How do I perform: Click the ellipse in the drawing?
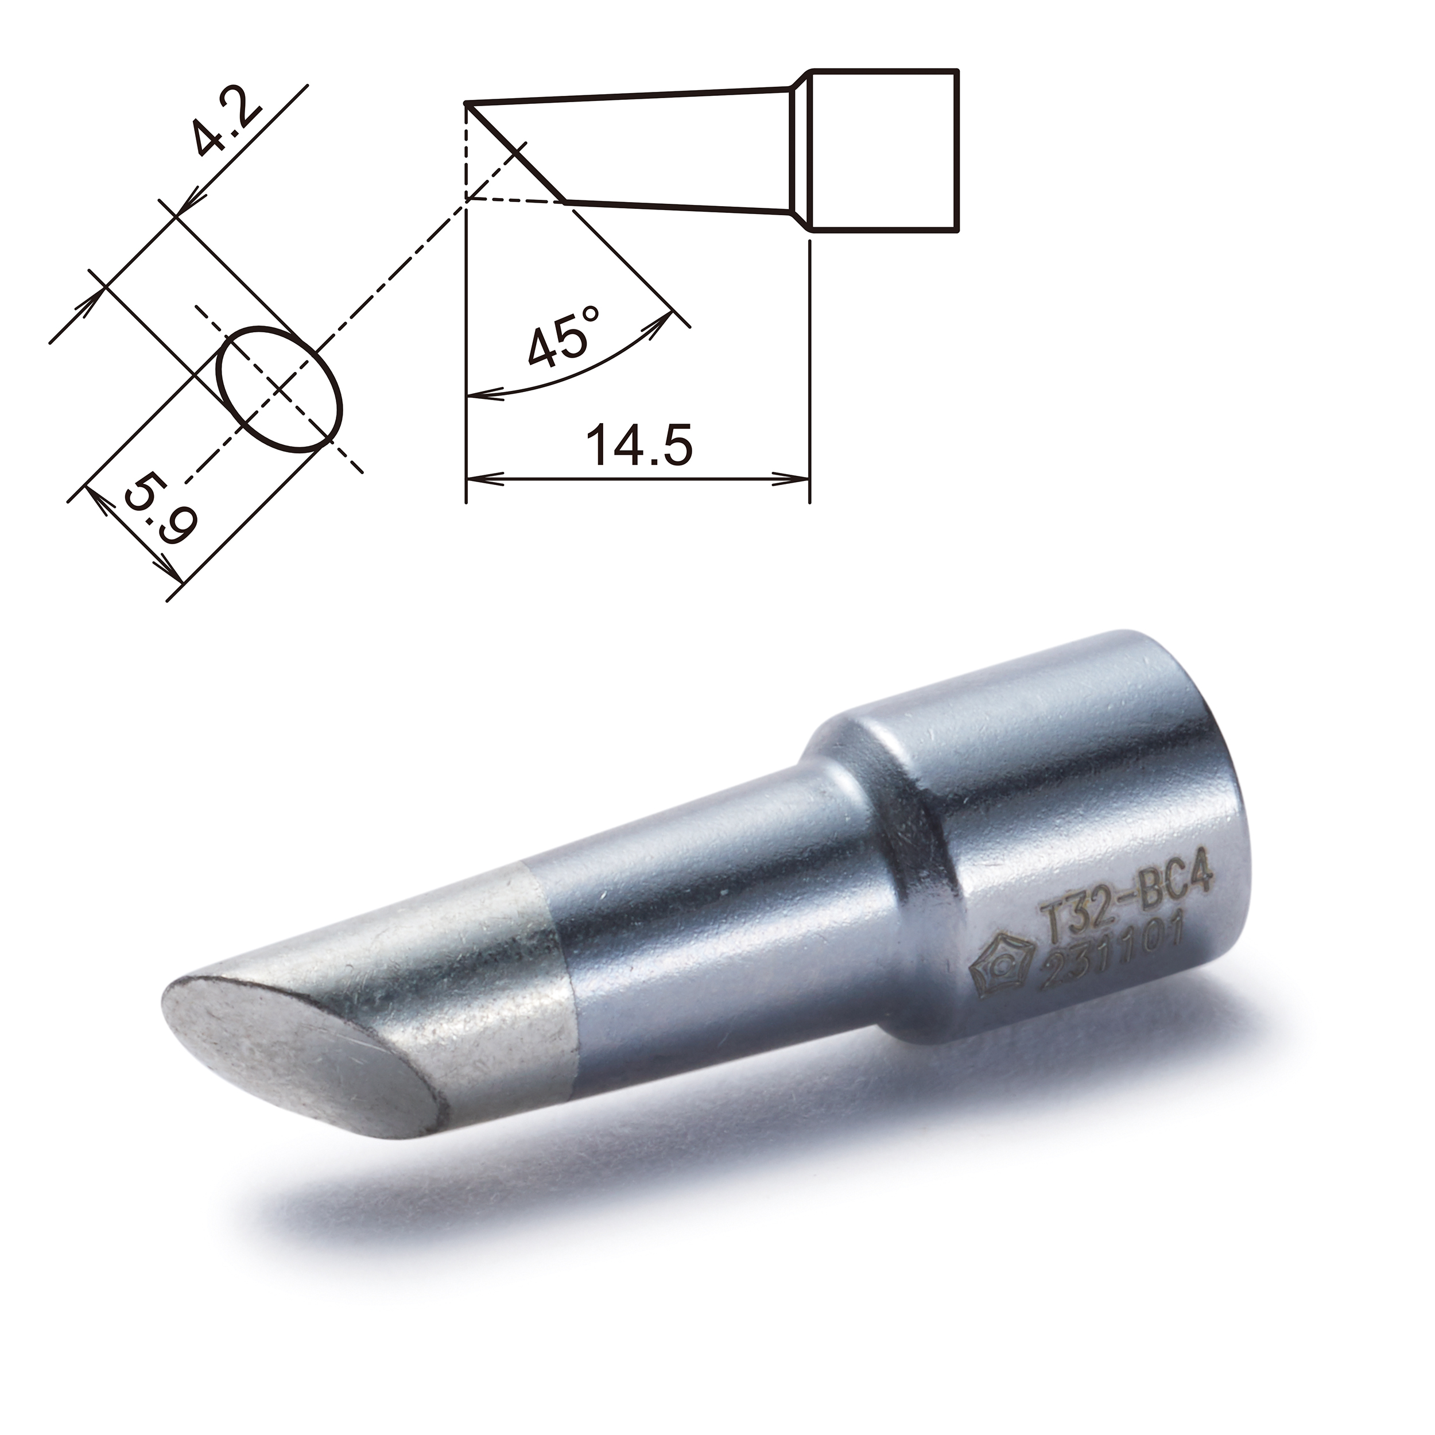[x=281, y=387]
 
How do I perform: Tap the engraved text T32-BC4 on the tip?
[x=1127, y=894]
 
